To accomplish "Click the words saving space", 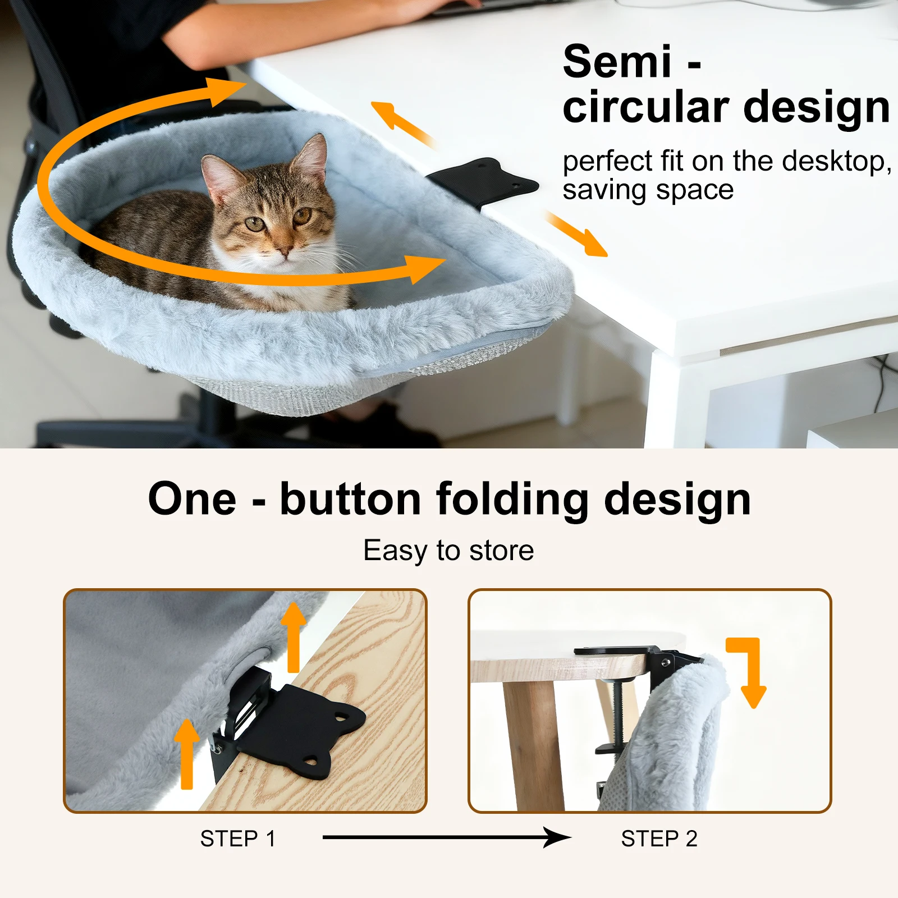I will [648, 190].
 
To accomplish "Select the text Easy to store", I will [448, 550].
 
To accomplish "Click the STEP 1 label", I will [238, 839].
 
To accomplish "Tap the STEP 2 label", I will [659, 839].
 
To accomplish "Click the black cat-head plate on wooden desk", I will [303, 730].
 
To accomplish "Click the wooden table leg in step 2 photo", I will [530, 746].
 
